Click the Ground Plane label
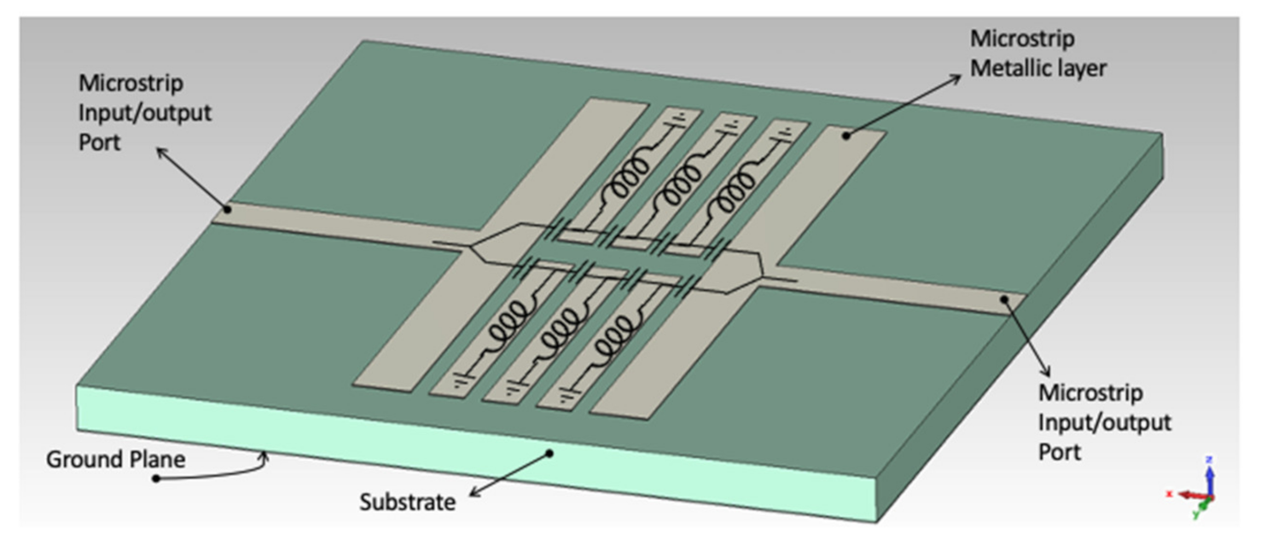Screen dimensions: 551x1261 tap(115, 460)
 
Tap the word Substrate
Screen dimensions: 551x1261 tap(407, 502)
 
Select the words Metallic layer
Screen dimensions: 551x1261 tap(1037, 68)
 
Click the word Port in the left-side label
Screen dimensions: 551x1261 tap(100, 141)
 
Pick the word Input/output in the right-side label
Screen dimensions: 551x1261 tap(1104, 422)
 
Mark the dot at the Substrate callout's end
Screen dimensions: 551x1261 tap(550, 453)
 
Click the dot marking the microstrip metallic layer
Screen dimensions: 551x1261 tap(846, 134)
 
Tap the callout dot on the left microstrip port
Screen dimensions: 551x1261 tap(227, 207)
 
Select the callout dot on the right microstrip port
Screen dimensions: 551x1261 tap(1006, 299)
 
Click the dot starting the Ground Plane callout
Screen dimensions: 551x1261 tap(155, 478)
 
